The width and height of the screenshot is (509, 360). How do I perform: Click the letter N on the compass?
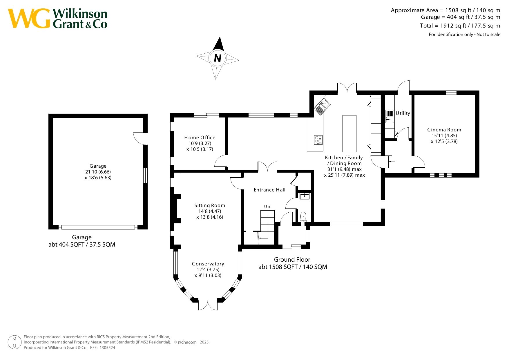pos(218,58)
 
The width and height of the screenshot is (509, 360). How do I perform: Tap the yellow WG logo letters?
pos(29,19)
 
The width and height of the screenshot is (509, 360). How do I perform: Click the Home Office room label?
pos(200,138)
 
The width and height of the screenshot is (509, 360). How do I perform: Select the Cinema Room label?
pos(444,130)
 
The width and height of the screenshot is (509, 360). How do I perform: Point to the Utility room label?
pos(403,113)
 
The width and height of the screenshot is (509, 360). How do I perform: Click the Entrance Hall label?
pos(269,190)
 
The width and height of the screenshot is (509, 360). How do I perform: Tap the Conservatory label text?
pos(208,264)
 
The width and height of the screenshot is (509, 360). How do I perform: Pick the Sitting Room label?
pos(210,205)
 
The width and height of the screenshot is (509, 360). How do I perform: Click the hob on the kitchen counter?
pos(318,140)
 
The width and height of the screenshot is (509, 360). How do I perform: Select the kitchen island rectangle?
pos(349,133)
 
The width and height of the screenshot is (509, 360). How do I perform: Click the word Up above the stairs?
pos(267,207)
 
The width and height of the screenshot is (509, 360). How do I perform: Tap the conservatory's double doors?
pos(208,305)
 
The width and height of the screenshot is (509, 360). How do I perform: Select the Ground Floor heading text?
pos(292,260)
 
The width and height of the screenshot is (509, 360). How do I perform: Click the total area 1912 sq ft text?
pos(460,26)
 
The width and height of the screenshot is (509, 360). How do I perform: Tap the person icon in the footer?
pos(15,342)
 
